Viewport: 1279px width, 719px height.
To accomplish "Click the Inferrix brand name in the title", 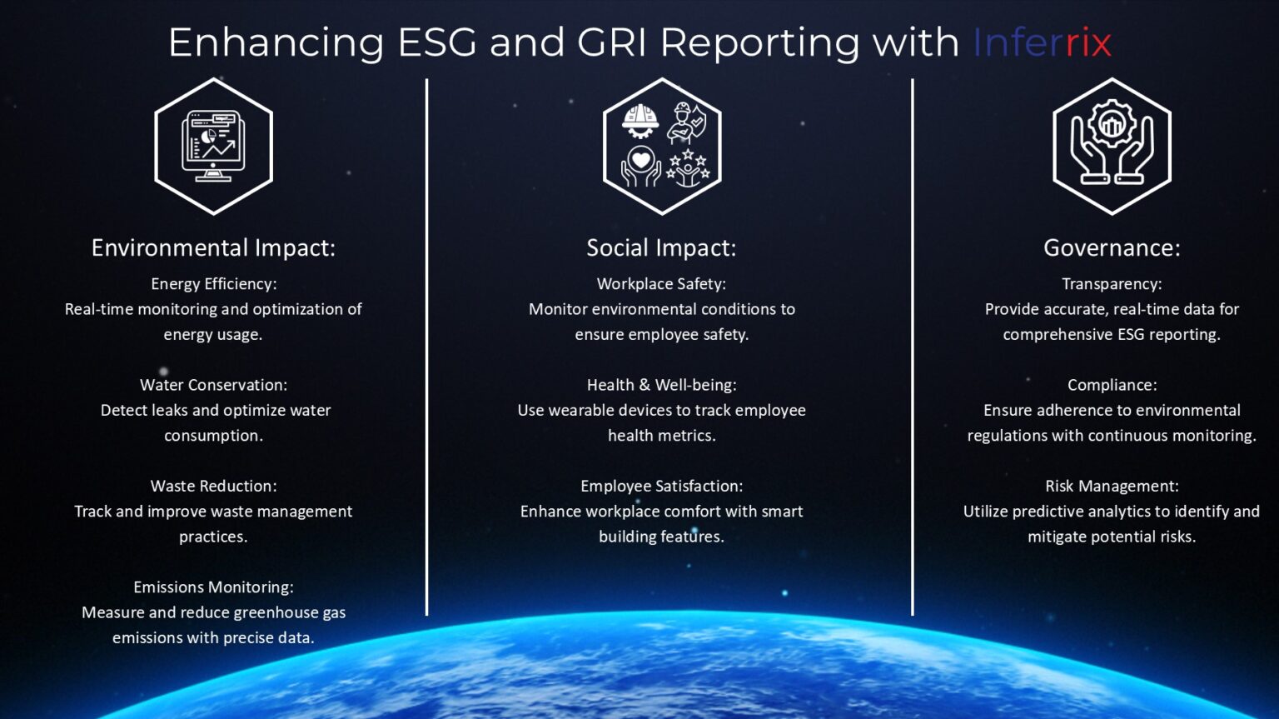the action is [x=1042, y=42].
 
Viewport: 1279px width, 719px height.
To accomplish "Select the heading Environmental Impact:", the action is [x=213, y=247].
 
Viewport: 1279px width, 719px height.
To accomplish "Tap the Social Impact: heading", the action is [x=662, y=247].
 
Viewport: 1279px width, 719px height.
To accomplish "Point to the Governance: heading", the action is [x=1112, y=247].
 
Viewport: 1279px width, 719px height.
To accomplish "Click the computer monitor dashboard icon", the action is [x=213, y=146].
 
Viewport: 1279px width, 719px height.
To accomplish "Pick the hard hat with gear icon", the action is [x=640, y=121].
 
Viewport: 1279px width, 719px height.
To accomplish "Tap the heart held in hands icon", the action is [x=640, y=167].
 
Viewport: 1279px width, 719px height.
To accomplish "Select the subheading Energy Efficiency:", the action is [x=213, y=284].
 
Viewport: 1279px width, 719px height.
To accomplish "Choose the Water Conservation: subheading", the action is [x=213, y=385].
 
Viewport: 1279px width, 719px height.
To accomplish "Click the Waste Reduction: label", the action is [x=213, y=486].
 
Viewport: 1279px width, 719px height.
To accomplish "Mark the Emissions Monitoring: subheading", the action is [x=213, y=587].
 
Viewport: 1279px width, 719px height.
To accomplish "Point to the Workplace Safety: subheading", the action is [x=662, y=284].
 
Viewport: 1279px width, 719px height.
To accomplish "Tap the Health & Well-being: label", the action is [x=662, y=386].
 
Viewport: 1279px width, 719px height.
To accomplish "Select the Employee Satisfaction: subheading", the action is [x=662, y=487].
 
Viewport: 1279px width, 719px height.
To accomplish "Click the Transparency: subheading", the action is [x=1112, y=284].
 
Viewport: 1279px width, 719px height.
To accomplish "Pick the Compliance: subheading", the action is [x=1112, y=386].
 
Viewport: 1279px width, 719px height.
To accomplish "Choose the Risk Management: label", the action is [x=1112, y=486].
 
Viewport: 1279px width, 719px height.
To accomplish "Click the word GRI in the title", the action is [x=611, y=42].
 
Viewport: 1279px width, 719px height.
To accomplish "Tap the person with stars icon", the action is [x=688, y=168].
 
